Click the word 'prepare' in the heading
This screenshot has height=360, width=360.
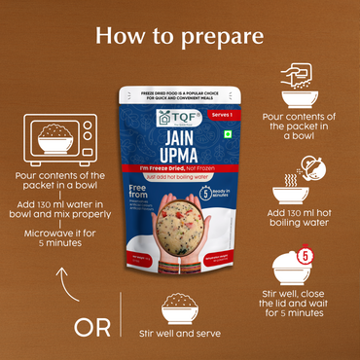point(225,37)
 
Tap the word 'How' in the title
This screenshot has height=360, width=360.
point(123,36)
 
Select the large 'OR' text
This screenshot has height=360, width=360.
point(92,327)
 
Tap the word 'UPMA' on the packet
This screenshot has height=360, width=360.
point(180,158)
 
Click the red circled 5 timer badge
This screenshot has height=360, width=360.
point(305,256)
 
